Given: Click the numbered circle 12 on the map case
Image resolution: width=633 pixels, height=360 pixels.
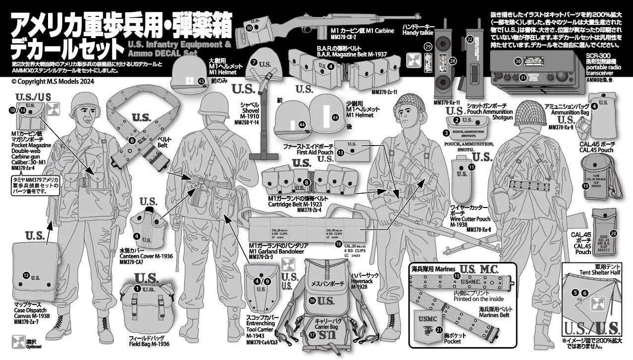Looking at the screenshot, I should coord(26,275).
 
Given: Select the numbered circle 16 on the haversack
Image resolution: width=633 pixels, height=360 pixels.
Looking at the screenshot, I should coord(312,300).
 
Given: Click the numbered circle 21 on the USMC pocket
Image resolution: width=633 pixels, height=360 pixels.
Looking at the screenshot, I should coord(440,330).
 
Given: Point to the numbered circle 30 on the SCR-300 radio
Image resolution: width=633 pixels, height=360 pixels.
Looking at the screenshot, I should coord(518,61).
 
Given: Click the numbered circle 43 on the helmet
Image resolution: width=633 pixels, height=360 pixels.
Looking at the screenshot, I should coord(201,81).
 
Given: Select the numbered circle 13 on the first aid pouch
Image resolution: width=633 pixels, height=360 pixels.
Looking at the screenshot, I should coord(341,154).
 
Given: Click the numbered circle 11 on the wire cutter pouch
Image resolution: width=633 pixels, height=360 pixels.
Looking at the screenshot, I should coord(471,167).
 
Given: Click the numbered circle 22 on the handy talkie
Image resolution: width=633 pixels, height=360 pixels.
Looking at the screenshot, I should coord(470,38).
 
